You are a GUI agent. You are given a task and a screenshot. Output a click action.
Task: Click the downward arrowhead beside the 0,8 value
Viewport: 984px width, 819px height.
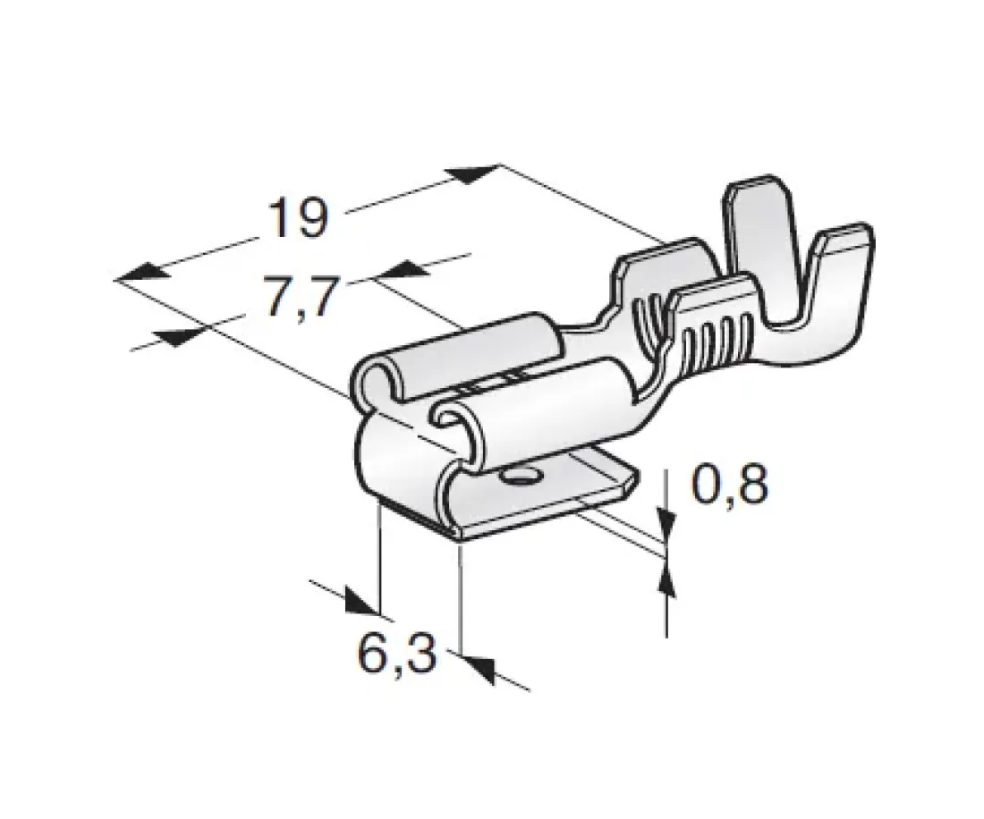pyautogui.click(x=666, y=522)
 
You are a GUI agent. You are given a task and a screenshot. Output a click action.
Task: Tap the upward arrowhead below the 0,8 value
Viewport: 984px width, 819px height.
pyautogui.click(x=666, y=577)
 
